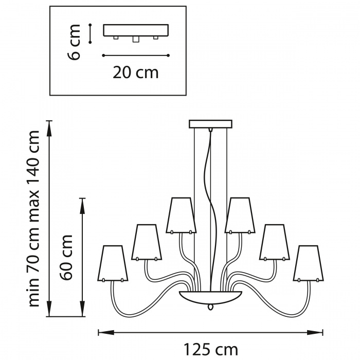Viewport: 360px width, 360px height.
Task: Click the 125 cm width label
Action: [211, 350]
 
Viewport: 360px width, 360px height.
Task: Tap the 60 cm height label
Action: [66, 257]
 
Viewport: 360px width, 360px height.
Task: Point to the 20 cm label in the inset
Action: [135, 73]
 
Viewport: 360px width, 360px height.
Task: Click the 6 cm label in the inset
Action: [74, 42]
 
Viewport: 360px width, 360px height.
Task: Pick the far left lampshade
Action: [113, 263]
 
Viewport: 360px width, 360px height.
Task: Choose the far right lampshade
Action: [309, 263]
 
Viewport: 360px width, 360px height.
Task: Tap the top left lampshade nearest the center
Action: [181, 215]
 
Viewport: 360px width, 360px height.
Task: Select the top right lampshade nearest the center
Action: [240, 215]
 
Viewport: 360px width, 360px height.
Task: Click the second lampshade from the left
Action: [147, 242]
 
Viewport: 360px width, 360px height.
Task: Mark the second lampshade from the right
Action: [275, 242]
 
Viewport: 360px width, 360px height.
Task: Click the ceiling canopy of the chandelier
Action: [210, 124]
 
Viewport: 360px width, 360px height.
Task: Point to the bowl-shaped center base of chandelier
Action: [211, 297]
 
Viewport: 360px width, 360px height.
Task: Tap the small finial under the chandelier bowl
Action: [210, 307]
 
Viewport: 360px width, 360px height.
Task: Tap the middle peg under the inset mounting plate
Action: [136, 39]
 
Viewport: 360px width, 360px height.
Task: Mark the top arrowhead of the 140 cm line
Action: [49, 129]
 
